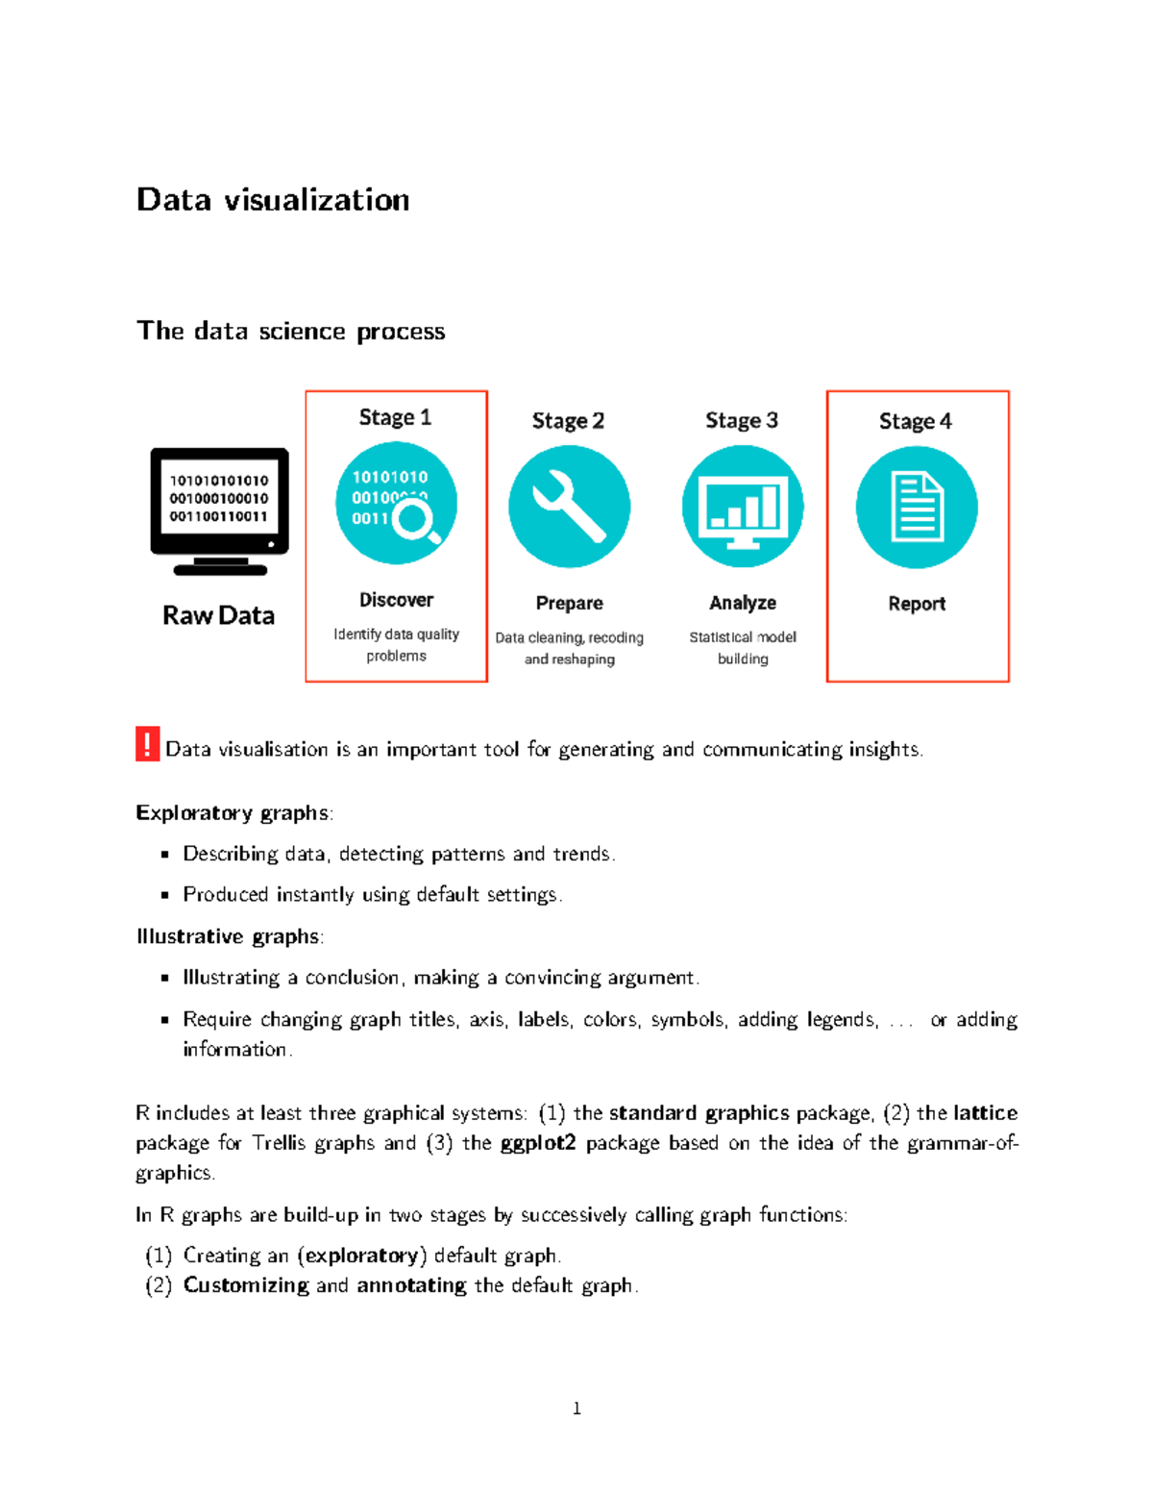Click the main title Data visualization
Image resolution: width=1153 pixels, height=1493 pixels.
pyautogui.click(x=273, y=200)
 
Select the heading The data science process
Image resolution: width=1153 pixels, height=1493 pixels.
pyautogui.click(x=290, y=331)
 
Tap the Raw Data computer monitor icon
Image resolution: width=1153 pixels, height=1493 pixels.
pyautogui.click(x=219, y=510)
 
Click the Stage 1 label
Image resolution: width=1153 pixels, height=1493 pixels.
pyautogui.click(x=395, y=417)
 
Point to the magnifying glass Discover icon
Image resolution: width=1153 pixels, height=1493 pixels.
pyautogui.click(x=396, y=503)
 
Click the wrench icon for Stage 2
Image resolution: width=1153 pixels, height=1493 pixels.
pyautogui.click(x=569, y=507)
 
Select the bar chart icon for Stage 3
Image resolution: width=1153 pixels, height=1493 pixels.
pyautogui.click(x=743, y=507)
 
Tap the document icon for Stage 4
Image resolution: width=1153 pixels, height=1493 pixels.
pyautogui.click(x=917, y=507)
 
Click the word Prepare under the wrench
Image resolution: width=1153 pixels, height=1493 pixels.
pyautogui.click(x=569, y=603)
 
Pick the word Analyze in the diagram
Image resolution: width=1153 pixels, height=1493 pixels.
pyautogui.click(x=743, y=603)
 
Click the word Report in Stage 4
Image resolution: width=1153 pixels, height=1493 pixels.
pyautogui.click(x=917, y=604)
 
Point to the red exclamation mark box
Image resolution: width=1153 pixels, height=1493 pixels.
pyautogui.click(x=147, y=744)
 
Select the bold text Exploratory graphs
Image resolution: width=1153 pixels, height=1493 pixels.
pyautogui.click(x=232, y=813)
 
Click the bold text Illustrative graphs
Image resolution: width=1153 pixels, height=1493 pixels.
pyautogui.click(x=228, y=936)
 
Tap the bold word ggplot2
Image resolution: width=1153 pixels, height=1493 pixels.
pyautogui.click(x=538, y=1143)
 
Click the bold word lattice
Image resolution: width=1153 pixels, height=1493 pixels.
pyautogui.click(x=985, y=1113)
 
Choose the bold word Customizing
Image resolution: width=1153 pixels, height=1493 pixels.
pyautogui.click(x=246, y=1285)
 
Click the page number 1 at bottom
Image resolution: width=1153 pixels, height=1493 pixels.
pyautogui.click(x=576, y=1408)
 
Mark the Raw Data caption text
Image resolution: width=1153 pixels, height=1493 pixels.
pyautogui.click(x=218, y=615)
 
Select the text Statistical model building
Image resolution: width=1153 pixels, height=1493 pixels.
pyautogui.click(x=743, y=648)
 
